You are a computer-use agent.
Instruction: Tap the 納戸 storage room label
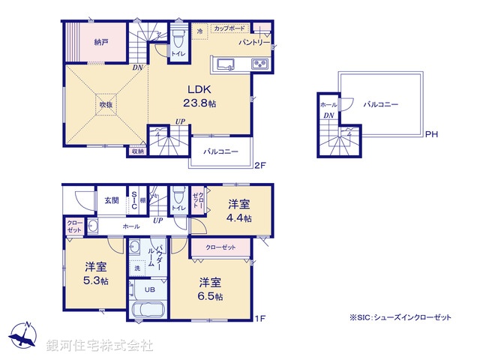click(100, 43)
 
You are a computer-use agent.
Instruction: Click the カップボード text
click(229, 28)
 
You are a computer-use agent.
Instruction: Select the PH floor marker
click(430, 136)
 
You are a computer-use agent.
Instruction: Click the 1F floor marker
click(259, 319)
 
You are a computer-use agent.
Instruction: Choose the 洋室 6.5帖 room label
click(210, 289)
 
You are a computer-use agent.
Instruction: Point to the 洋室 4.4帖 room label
click(240, 211)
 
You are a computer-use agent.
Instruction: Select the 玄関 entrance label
click(112, 199)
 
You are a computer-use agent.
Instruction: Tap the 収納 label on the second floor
click(137, 151)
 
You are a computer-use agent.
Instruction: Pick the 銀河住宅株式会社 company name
click(100, 346)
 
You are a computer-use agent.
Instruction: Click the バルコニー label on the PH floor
click(382, 106)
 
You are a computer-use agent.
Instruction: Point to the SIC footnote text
click(400, 318)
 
